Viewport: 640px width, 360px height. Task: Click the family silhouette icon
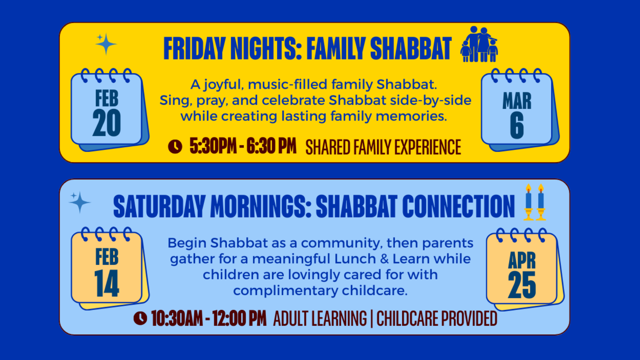coord(479,44)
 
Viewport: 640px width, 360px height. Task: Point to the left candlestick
coord(528,202)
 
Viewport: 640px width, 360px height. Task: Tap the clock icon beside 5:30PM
coord(175,146)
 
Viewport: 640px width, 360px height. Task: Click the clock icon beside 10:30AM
coord(140,318)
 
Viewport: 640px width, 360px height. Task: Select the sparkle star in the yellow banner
coord(106,44)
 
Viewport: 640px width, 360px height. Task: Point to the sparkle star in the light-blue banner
coord(79,202)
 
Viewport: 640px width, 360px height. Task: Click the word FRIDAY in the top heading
coord(195,48)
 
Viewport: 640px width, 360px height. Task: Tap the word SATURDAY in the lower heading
coord(159,206)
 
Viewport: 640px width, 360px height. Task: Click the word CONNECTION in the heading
coord(459,206)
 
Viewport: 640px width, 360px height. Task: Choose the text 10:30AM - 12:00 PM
coord(209,318)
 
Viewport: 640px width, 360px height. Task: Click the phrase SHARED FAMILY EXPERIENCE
coord(383,147)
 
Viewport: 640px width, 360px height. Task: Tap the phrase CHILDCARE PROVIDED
coord(437,319)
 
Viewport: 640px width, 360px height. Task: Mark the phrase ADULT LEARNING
coord(320,319)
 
